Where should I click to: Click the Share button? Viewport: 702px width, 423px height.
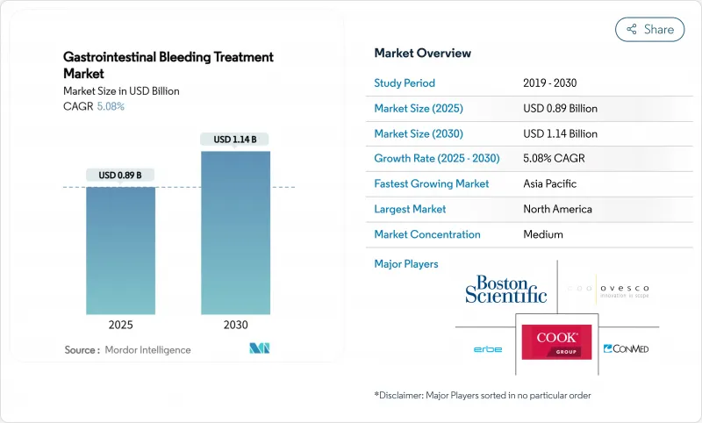(649, 29)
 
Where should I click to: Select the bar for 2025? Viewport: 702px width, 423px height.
(120, 250)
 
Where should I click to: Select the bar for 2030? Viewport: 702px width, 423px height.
(235, 233)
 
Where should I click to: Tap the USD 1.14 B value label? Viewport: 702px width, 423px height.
(235, 140)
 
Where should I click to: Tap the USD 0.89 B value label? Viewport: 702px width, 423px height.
(120, 175)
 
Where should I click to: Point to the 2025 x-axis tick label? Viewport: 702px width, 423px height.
(120, 324)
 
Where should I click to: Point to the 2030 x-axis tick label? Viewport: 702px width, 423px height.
(235, 324)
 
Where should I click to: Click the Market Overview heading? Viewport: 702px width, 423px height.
(422, 54)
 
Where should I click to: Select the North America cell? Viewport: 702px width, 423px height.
(557, 209)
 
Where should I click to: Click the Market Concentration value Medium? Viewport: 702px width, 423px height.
(542, 234)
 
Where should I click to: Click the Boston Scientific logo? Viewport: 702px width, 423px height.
(505, 289)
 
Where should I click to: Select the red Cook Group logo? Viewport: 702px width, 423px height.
(556, 342)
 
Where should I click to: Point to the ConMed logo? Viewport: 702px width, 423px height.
(626, 349)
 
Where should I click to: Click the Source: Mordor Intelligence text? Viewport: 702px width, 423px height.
(127, 350)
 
